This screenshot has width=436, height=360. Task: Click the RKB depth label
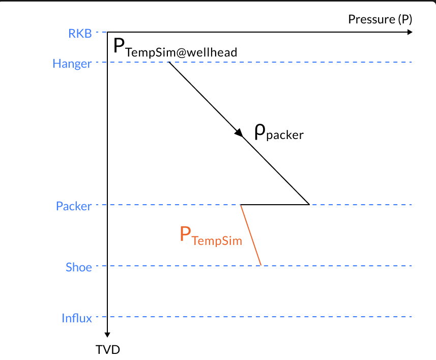pos(80,34)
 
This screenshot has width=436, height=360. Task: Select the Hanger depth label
pos(72,64)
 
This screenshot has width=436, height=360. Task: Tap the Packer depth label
pos(74,206)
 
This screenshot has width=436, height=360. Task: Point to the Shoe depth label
pos(79,267)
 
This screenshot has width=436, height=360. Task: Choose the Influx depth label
pos(77,318)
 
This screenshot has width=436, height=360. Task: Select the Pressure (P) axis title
pos(380,19)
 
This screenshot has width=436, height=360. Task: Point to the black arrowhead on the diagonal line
pos(239,132)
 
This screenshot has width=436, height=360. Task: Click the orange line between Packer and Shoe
pos(251,235)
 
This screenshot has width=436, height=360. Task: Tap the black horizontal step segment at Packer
pos(275,205)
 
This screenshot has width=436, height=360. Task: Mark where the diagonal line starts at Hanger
pos(168,63)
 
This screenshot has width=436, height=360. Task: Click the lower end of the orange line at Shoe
pos(261,265)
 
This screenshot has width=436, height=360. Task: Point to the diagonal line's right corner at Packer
pos(309,204)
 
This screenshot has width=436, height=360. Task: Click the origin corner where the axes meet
pos(108,32)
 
